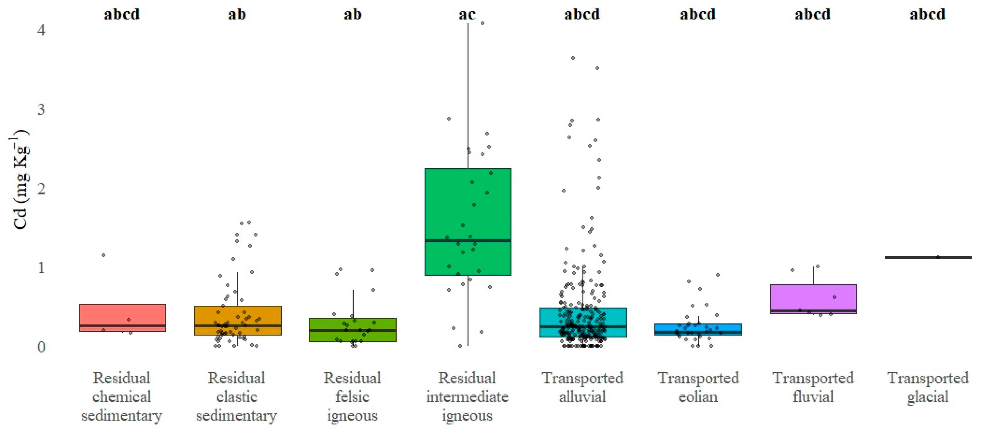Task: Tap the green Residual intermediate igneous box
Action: pyautogui.click(x=468, y=206)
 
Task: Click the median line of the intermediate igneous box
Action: pyautogui.click(x=468, y=240)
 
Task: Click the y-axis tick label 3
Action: pyautogui.click(x=41, y=109)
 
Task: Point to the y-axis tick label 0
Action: pyautogui.click(x=41, y=347)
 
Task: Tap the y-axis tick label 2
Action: pyautogui.click(x=41, y=189)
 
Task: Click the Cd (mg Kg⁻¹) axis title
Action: pyautogui.click(x=20, y=179)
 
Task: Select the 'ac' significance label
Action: pyautogui.click(x=467, y=15)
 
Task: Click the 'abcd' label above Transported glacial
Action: pyautogui.click(x=927, y=15)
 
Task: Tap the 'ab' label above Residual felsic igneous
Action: pyautogui.click(x=352, y=15)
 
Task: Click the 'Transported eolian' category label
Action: pyautogui.click(x=698, y=387)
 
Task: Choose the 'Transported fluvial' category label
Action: pyautogui.click(x=813, y=387)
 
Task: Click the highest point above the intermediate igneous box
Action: pyautogui.click(x=482, y=23)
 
